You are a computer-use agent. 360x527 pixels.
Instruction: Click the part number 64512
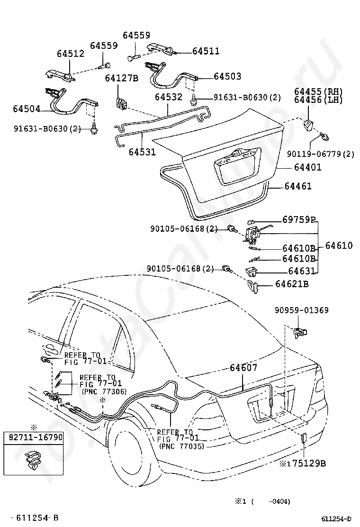tap(71, 54)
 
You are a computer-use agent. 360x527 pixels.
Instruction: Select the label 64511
tap(206, 51)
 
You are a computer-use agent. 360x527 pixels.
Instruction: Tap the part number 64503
tap(227, 76)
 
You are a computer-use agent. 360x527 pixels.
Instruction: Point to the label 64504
tap(27, 109)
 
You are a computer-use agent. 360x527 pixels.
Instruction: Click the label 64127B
tap(122, 78)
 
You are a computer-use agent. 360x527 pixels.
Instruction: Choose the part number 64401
tap(307, 167)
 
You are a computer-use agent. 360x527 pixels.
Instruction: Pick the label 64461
tap(298, 186)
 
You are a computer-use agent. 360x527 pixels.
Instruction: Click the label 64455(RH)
tap(318, 91)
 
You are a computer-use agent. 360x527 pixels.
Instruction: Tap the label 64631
tap(302, 271)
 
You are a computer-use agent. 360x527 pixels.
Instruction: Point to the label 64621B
tap(292, 284)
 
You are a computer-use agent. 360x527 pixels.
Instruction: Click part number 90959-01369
tap(302, 310)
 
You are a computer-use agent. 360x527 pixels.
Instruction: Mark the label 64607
tap(243, 368)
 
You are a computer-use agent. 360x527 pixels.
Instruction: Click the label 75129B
tap(309, 463)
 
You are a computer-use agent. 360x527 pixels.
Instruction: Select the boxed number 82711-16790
tap(35, 437)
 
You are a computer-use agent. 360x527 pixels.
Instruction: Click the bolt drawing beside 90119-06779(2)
tap(324, 136)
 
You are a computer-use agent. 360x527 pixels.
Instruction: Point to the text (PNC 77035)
tap(182, 446)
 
